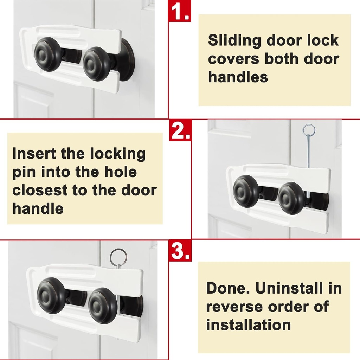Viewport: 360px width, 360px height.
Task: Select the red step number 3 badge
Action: pos(181,250)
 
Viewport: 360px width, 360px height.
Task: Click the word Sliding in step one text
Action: pos(234,40)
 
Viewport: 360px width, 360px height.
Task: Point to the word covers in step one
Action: pos(233,59)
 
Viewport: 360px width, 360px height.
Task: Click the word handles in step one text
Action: pos(238,77)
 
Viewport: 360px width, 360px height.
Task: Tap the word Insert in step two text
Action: pos(34,154)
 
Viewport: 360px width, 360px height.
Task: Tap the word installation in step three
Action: pos(248,324)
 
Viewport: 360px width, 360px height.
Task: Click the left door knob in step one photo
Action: pos(48,54)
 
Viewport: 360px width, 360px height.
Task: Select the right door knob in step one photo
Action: pos(97,64)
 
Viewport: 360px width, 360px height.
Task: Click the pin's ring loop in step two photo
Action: pos(309,130)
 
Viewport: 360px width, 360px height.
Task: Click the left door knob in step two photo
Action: pos(246,191)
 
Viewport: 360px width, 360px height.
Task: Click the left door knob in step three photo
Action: pos(51,295)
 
